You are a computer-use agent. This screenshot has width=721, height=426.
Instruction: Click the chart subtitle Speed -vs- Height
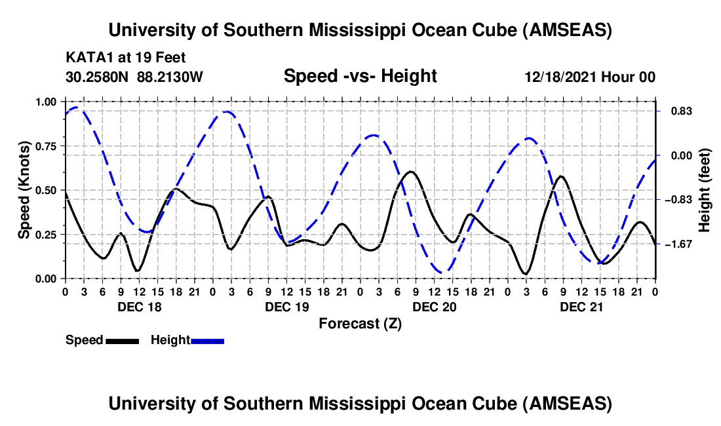point(360,76)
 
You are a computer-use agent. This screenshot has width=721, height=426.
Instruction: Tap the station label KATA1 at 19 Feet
point(125,56)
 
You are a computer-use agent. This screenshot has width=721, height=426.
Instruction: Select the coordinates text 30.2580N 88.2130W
point(134,77)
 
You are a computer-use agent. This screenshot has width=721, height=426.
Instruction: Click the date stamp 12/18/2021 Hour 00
point(590,77)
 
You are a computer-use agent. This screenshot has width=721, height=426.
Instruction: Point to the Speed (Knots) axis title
point(24,189)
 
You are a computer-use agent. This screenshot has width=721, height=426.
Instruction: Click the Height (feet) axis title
point(705,189)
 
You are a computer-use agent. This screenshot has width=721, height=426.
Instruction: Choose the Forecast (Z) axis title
point(360,323)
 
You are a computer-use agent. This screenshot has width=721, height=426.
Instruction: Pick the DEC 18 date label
point(139,306)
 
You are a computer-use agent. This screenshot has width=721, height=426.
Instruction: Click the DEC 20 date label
point(434,306)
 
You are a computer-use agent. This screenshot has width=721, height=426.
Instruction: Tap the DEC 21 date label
point(581,306)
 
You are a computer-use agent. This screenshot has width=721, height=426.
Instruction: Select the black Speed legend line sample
point(122,341)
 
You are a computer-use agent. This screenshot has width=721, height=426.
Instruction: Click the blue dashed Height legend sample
point(208,341)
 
